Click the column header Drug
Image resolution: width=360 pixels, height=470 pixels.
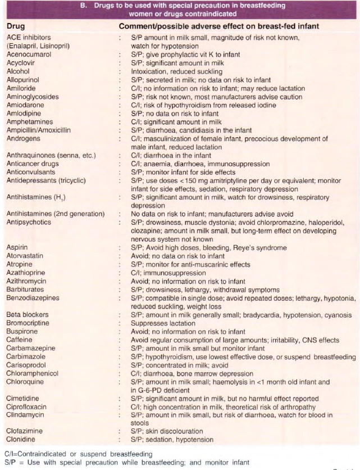17,26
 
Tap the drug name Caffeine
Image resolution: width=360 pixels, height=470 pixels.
19,340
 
